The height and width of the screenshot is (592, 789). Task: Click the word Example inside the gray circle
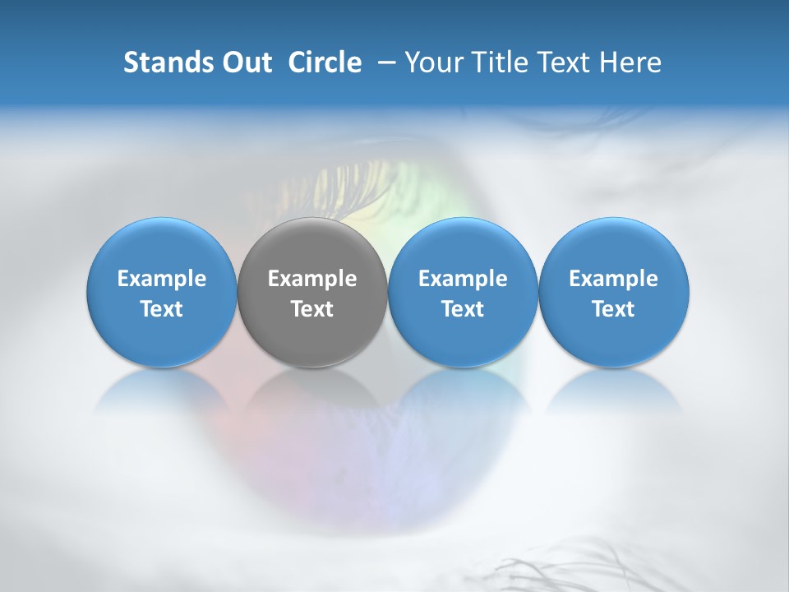coord(312,279)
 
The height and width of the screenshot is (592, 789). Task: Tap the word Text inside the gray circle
coord(312,309)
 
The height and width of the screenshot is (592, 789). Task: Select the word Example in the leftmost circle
coord(161,279)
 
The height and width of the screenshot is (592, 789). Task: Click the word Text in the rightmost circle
coord(613,309)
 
